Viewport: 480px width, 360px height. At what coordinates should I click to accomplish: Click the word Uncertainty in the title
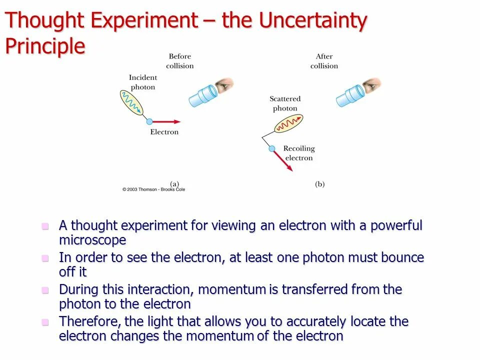(x=313, y=21)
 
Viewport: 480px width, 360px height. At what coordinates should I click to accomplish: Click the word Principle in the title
(x=45, y=46)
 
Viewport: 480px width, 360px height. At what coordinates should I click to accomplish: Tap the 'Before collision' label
(x=180, y=61)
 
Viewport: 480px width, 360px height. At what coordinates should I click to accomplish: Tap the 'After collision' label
(x=324, y=61)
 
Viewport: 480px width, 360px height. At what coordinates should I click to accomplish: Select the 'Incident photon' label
(x=143, y=82)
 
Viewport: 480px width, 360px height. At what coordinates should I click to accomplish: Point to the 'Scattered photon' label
(x=285, y=103)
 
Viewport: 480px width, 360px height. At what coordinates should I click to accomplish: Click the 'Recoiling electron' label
(x=299, y=153)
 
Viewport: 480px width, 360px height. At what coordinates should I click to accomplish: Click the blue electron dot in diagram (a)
(x=149, y=121)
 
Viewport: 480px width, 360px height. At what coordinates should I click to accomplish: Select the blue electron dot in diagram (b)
(x=272, y=148)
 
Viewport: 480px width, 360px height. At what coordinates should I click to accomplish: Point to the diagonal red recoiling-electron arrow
(x=283, y=161)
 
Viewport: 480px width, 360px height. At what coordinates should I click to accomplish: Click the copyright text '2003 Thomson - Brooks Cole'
(x=153, y=189)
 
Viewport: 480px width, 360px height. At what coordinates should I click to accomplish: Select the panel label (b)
(x=319, y=184)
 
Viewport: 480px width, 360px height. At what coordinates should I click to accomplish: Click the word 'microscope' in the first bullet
(x=92, y=240)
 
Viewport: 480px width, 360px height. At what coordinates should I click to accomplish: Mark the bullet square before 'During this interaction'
(x=45, y=290)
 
